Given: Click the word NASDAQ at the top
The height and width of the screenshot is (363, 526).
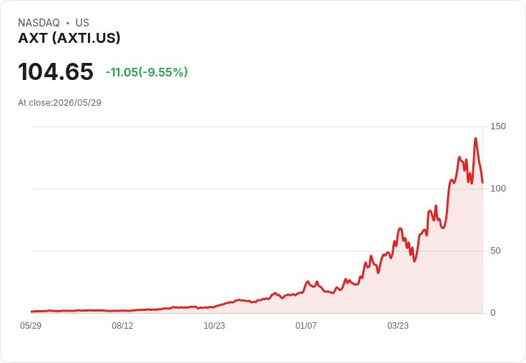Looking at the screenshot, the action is [x=39, y=23].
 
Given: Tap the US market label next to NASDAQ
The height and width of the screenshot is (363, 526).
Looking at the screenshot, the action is [x=82, y=23].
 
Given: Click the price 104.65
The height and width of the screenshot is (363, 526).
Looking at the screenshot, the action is [x=56, y=71].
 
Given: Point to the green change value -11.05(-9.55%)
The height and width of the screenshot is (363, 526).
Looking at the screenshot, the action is [x=147, y=72].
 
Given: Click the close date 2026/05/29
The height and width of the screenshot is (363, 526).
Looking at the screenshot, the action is [x=77, y=103].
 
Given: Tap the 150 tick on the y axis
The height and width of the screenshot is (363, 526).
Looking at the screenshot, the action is [x=498, y=126].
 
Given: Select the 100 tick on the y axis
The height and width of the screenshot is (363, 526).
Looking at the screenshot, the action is [x=498, y=189].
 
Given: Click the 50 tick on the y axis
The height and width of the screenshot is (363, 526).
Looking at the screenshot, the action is [x=495, y=251].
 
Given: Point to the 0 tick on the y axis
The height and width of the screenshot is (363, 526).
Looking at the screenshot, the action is [x=493, y=313].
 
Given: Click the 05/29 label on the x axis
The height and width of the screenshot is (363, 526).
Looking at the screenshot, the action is [x=31, y=326].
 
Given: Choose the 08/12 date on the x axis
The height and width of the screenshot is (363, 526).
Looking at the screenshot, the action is [x=122, y=326].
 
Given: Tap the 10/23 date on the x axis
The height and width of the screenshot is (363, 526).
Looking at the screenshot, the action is [x=214, y=326].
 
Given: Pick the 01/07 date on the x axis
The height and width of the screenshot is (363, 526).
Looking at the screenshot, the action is [x=306, y=326].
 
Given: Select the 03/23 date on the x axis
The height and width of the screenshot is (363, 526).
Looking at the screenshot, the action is [x=398, y=326].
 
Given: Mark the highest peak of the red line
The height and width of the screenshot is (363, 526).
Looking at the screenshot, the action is [x=475, y=138].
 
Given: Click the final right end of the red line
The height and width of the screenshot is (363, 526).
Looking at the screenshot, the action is [x=482, y=183].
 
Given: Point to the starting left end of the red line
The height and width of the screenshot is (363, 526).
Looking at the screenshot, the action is [x=31, y=312].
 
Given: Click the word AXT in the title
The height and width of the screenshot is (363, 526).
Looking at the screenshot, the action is [x=33, y=38].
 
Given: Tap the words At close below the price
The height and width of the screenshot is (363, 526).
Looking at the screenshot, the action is [x=34, y=103].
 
